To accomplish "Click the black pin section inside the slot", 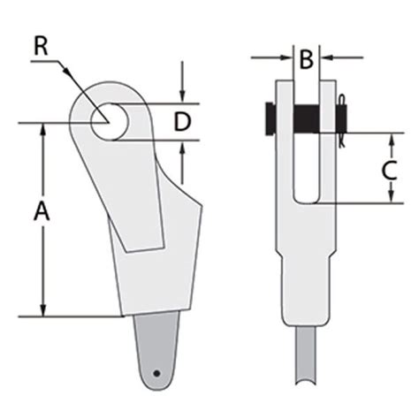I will [306, 117].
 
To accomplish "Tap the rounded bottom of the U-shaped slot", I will [306, 200].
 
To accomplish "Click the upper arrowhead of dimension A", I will [42, 128].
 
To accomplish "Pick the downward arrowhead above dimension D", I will [182, 97].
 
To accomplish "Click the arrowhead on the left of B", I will [286, 58].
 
